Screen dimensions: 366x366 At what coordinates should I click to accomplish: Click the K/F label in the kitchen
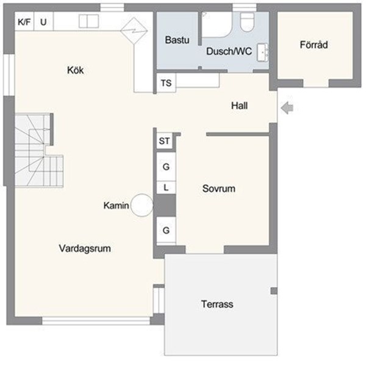pos(24,22)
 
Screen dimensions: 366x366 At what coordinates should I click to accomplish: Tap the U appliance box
pos(43,22)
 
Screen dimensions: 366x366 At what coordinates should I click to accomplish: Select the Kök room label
pos(75,70)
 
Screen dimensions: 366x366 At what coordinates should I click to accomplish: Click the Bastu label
pos(178,40)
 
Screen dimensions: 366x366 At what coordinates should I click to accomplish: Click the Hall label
pos(239,106)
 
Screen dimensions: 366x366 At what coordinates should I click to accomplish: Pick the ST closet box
pos(164,141)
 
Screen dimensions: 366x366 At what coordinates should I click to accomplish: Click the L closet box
pos(165,187)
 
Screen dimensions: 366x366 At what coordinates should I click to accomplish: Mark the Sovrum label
pos(218,188)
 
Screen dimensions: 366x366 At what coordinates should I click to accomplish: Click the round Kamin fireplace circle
pos(142,205)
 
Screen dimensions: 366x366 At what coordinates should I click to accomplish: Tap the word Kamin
pos(116,206)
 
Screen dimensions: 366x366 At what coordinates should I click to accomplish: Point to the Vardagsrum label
pos(88,248)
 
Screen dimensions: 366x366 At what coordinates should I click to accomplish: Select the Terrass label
pos(217,304)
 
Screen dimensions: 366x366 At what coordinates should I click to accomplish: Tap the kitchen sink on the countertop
pos(88,21)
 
